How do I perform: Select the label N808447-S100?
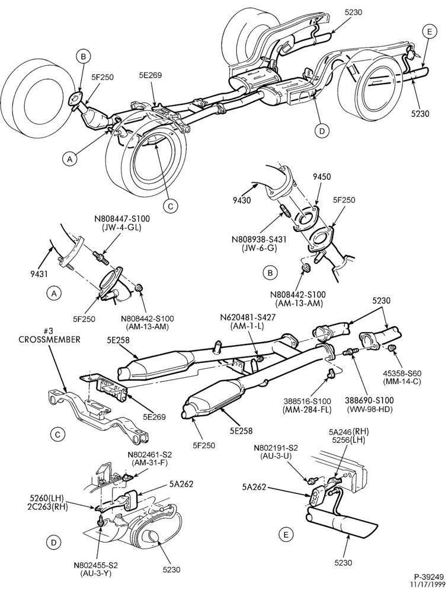point(121,219)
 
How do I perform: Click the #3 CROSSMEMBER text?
point(50,335)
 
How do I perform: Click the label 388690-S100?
point(369,400)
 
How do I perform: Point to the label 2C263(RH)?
point(49,508)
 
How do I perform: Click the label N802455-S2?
point(96,565)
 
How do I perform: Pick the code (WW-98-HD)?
point(369,409)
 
